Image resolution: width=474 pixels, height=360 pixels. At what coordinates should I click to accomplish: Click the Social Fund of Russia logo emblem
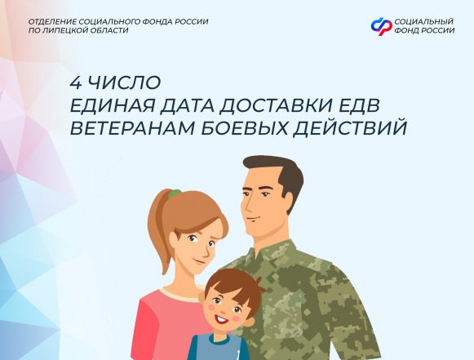click(381, 26)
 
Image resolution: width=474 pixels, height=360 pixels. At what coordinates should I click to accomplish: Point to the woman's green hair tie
click(174, 194)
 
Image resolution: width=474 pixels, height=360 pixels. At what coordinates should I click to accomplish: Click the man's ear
click(294, 201)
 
